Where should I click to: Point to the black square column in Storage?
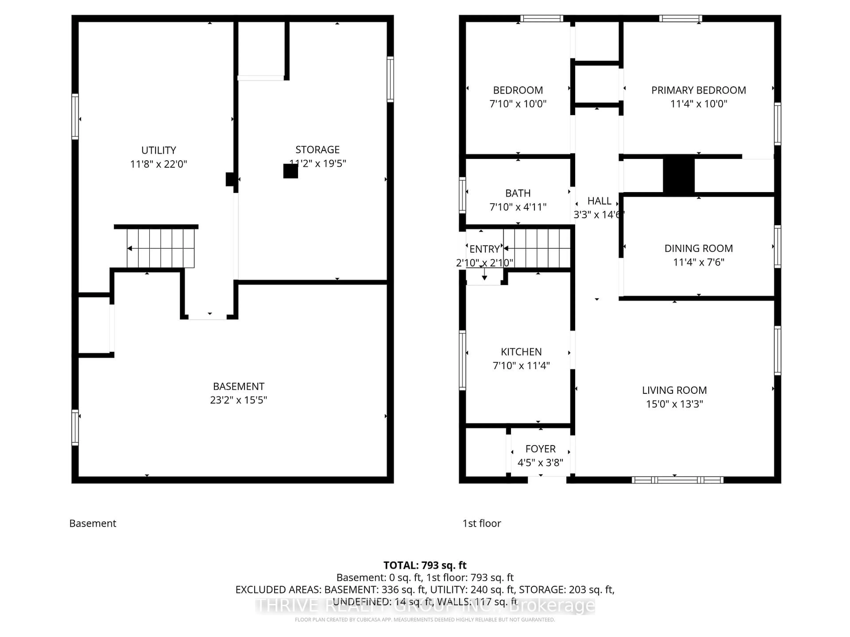[x=290, y=171]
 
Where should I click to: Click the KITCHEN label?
[x=521, y=352]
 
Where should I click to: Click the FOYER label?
[x=540, y=449]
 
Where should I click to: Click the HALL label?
[x=599, y=201]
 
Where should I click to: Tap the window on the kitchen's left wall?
[x=462, y=360]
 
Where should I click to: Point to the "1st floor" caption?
[x=481, y=523]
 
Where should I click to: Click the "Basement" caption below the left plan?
[x=93, y=523]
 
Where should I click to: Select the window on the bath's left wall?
[x=462, y=195]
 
